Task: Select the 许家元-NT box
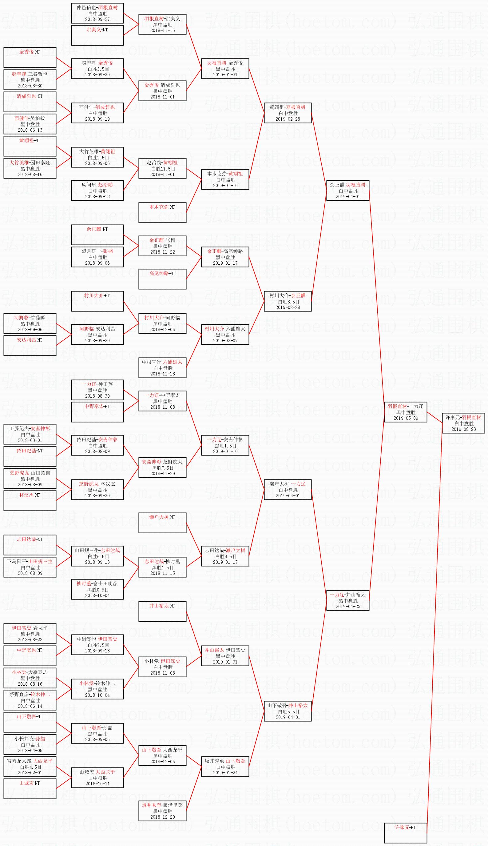coord(406,833)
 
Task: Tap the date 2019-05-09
coord(406,418)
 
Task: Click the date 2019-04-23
coord(348,606)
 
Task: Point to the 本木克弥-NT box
coord(162,213)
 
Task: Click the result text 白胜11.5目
coord(163,169)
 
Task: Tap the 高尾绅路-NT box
coord(162,279)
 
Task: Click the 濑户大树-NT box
coord(162,523)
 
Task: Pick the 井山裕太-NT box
coord(162,611)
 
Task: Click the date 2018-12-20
coord(163,817)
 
